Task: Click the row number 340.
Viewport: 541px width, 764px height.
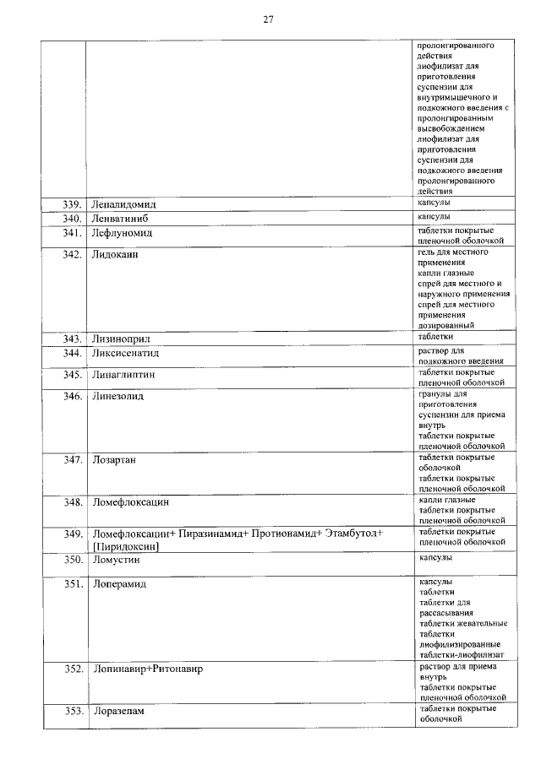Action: (72, 219)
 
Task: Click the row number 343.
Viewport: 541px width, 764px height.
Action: (72, 339)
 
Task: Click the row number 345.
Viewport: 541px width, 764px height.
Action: (72, 374)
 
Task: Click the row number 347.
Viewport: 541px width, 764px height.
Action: (72, 460)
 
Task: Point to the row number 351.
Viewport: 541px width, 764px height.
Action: (72, 584)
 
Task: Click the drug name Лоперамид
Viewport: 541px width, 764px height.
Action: (119, 584)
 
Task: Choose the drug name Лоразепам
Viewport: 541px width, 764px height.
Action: (118, 712)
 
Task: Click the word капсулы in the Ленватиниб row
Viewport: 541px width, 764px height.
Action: (435, 218)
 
